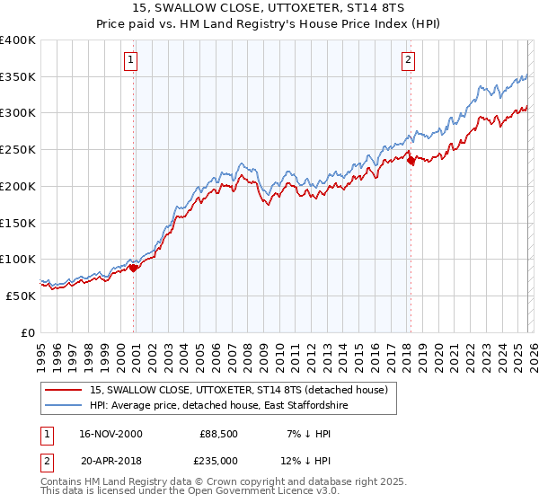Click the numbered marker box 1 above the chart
(x=131, y=60)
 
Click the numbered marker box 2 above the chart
(x=408, y=60)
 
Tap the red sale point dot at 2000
(x=134, y=267)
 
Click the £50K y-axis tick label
(x=21, y=296)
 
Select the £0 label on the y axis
(x=28, y=332)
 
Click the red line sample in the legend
(x=64, y=390)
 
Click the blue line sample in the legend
(x=64, y=406)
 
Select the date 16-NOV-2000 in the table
(x=108, y=434)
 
